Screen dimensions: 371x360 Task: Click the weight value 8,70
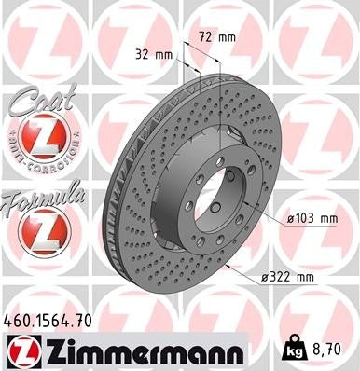click(x=333, y=349)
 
